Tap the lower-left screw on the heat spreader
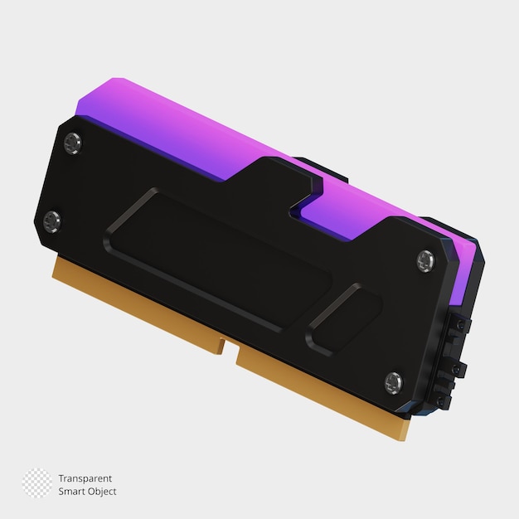click(x=52, y=221)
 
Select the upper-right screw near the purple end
click(x=424, y=260)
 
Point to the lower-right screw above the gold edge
click(x=393, y=382)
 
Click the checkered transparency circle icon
click(x=36, y=483)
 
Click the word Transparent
click(x=85, y=478)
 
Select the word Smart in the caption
click(x=71, y=492)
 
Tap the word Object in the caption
click(x=101, y=492)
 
